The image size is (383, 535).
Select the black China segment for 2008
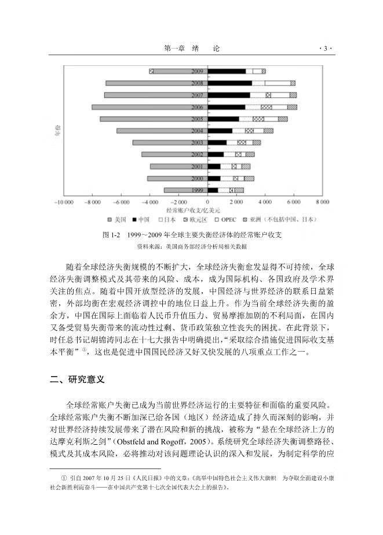point(229,83)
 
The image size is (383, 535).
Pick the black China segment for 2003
point(217,142)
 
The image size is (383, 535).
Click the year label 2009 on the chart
point(197,71)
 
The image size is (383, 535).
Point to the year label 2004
point(197,131)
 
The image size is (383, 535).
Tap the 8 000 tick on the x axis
point(322,203)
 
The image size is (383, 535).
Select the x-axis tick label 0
point(207,203)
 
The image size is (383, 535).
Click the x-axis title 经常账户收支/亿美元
point(193,210)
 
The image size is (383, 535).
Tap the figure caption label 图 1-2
point(111,235)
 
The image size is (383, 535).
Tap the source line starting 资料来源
point(191,246)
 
